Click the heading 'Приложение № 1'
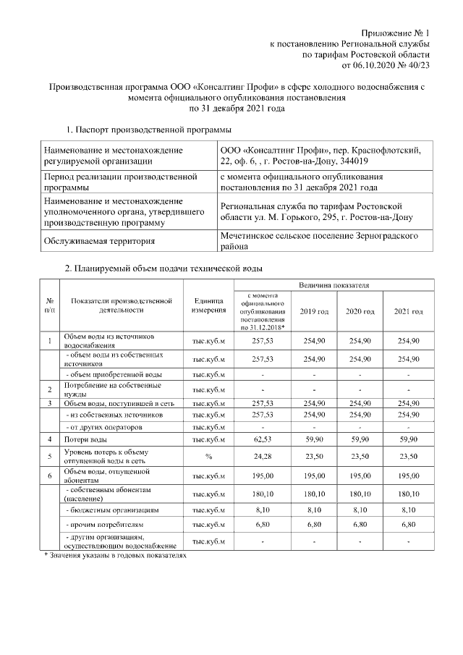[396, 33]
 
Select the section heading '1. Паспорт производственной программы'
[148, 130]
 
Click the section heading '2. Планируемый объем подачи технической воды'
[164, 269]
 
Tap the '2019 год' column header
[314, 310]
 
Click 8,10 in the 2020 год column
[360, 510]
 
